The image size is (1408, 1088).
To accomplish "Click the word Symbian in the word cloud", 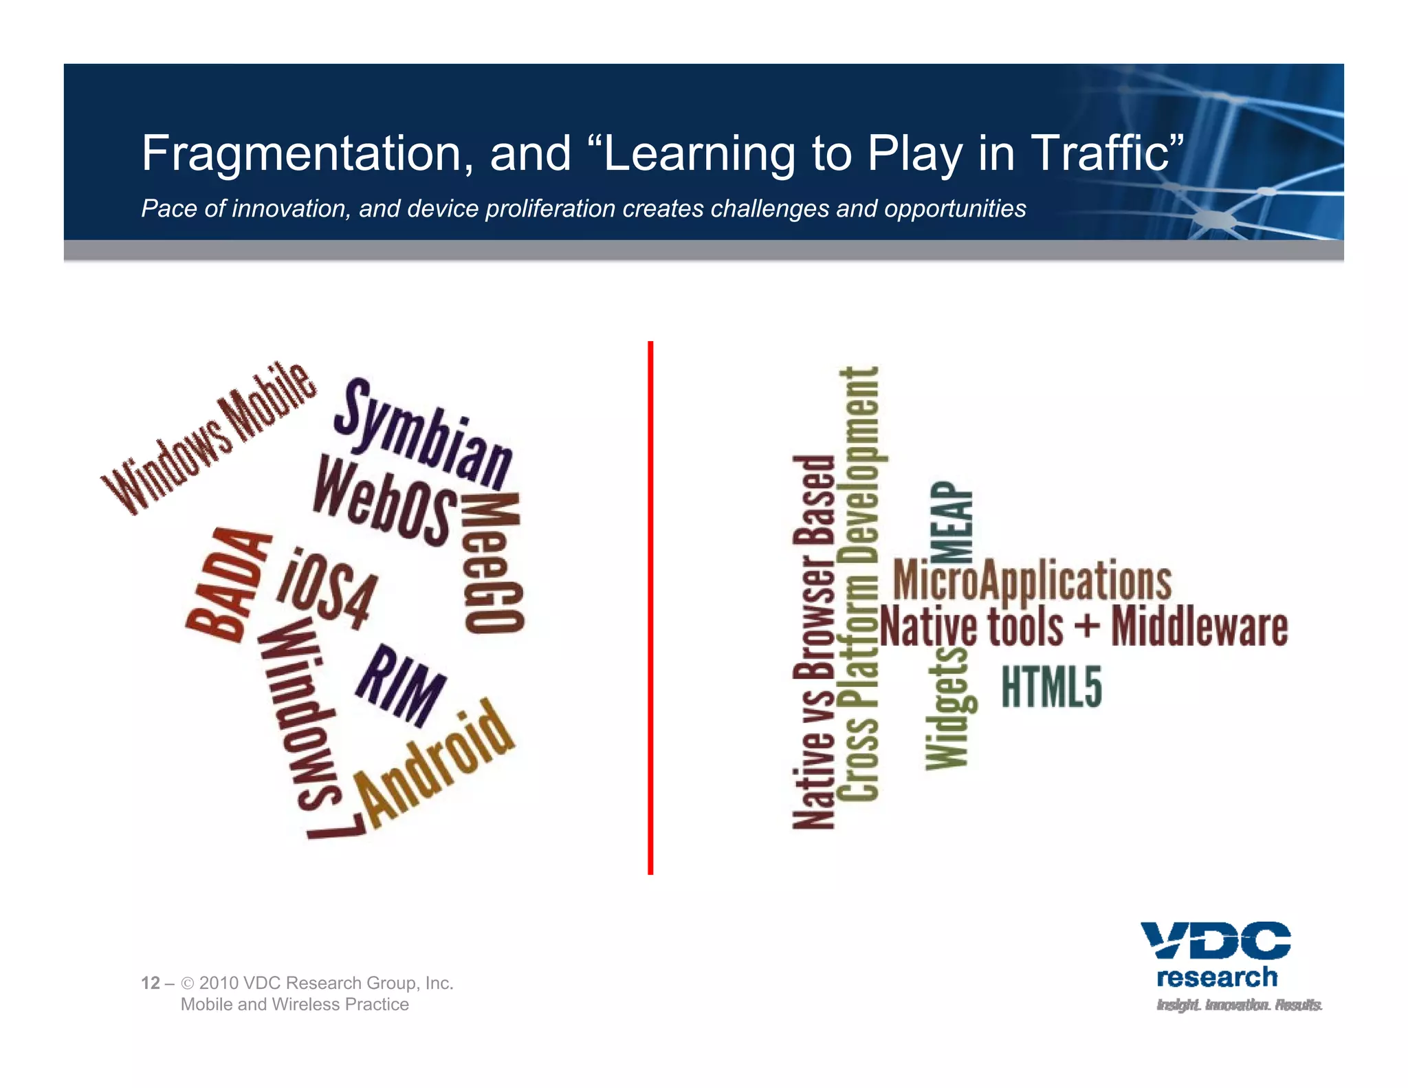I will tap(423, 434).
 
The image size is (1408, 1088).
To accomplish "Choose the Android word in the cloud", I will tap(435, 763).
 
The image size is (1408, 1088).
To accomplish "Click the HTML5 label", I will tap(1051, 686).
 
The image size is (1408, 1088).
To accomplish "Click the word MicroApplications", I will tap(1032, 580).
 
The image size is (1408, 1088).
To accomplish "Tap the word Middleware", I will tap(1200, 627).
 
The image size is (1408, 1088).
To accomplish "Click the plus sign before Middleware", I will tap(1087, 627).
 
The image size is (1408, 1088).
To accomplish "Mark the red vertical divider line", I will tap(650, 608).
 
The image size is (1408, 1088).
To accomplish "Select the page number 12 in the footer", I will tap(151, 983).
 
